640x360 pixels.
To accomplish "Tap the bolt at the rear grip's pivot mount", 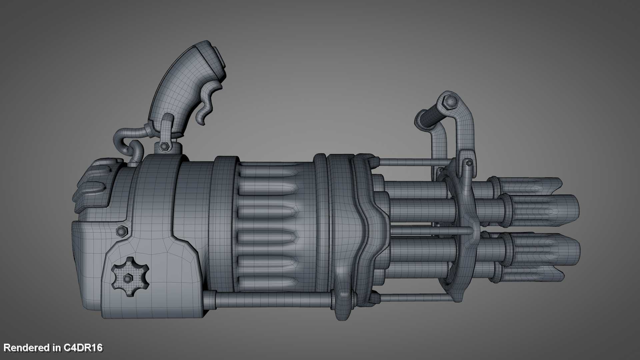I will coord(164,146).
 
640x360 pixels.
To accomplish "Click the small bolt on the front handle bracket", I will coord(469,163).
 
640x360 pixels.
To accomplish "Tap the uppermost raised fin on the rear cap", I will coord(105,164).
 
